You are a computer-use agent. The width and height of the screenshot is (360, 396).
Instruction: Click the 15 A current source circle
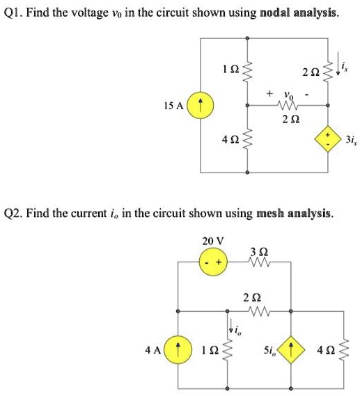pos(201,106)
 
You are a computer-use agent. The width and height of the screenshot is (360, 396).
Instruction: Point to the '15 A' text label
pos(174,106)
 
